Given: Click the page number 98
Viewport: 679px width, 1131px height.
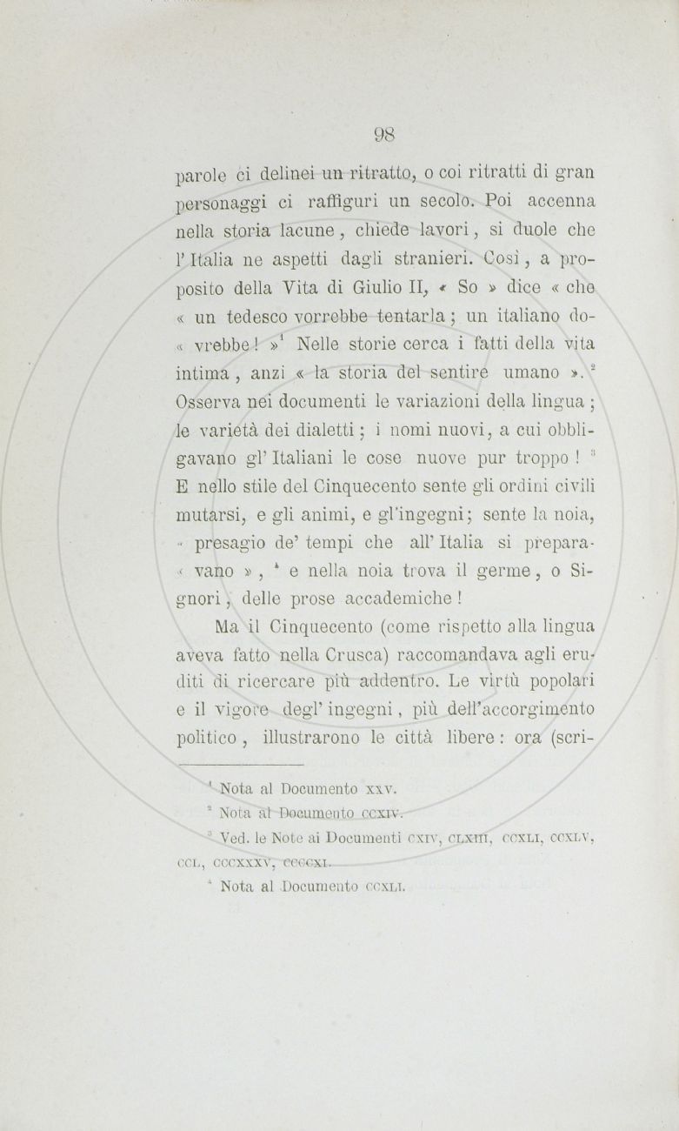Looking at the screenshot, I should coord(385,135).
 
